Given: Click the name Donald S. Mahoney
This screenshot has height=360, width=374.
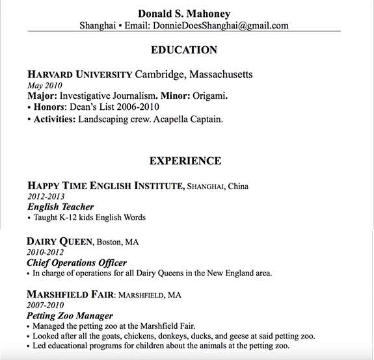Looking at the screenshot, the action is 184,14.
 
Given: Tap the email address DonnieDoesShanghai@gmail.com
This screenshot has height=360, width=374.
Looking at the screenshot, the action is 220,26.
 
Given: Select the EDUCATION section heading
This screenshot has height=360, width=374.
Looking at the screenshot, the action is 184,50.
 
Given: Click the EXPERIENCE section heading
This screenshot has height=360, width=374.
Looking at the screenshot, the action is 185,161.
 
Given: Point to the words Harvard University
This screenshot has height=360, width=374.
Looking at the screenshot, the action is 79,74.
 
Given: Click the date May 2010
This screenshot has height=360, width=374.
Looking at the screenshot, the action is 41,85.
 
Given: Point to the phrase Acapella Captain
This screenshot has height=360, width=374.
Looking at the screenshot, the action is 185,119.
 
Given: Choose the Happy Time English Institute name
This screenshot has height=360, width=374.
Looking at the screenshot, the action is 106,186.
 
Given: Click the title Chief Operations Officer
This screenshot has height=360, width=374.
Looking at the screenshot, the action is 77,263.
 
